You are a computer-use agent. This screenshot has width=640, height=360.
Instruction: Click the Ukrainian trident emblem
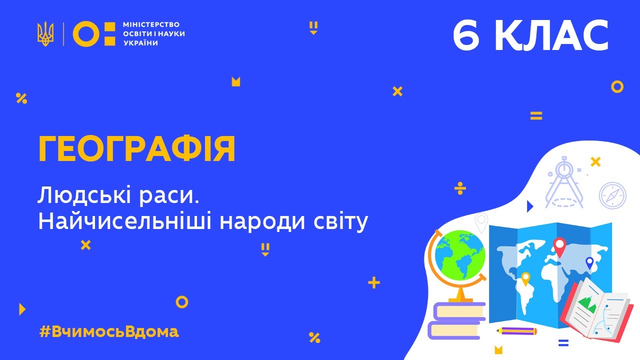pos(45,34)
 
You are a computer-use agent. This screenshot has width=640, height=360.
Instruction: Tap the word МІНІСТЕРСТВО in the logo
pos(150,24)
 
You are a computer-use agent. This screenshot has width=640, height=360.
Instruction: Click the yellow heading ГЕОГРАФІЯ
pos(136,149)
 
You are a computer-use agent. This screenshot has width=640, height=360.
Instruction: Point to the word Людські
pos(79,196)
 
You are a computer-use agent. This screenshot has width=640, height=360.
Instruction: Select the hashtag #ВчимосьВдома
pos(108,331)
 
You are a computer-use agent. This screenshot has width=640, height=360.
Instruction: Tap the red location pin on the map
pos(559,246)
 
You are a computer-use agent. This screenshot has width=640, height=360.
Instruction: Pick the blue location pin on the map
pos(589,262)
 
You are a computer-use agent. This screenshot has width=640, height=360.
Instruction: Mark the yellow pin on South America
pos(525,278)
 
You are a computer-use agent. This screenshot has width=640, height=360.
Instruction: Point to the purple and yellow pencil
pos(517,331)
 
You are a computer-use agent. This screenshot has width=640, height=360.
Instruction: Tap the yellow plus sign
pos(373,283)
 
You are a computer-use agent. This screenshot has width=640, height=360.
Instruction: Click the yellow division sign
pos(460,188)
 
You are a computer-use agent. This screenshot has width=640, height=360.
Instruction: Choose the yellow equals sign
pos(536,116)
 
